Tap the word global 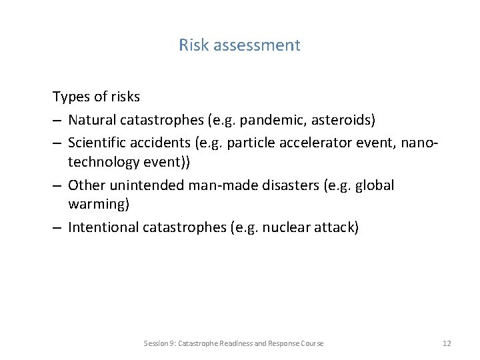[376, 185]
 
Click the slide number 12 [446, 343]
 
